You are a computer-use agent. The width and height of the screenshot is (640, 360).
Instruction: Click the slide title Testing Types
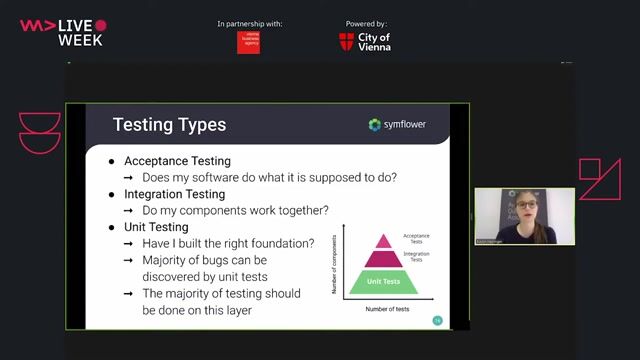(x=169, y=125)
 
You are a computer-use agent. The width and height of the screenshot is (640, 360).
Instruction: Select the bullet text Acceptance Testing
(x=177, y=161)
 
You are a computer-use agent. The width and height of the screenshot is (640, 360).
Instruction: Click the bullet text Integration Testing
(x=174, y=194)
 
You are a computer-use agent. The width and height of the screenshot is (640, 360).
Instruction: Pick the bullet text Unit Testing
(x=155, y=227)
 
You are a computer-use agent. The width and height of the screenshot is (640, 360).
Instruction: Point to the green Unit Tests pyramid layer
(x=384, y=282)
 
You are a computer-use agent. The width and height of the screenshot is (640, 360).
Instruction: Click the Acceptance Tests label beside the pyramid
(x=416, y=238)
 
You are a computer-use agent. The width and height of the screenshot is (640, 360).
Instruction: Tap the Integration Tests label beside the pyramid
(x=416, y=257)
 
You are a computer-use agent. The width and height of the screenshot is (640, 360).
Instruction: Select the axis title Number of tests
(x=388, y=310)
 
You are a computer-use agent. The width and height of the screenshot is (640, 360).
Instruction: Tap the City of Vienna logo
(x=364, y=41)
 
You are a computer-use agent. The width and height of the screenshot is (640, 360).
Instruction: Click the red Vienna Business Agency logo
(x=248, y=42)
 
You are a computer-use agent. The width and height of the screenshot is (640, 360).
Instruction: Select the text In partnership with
(x=249, y=23)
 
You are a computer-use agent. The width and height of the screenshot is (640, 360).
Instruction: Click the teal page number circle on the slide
(x=437, y=320)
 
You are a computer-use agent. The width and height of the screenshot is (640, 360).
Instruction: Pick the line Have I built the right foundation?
(x=228, y=243)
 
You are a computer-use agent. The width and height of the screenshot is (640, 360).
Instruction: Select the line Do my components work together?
(x=235, y=210)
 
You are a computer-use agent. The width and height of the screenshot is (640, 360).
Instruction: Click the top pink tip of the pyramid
(x=384, y=241)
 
